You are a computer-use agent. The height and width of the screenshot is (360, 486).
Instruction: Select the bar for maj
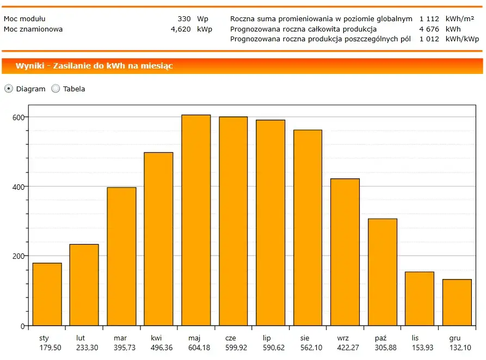tap(196, 220)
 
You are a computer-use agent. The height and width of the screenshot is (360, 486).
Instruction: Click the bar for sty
tap(47, 294)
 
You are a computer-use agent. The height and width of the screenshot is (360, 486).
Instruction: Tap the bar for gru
tap(457, 302)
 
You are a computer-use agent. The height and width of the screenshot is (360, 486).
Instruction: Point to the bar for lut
tap(84, 285)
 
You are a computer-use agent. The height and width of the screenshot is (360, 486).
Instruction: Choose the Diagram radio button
tap(9, 89)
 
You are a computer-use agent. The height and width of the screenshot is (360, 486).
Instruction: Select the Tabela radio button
tap(56, 89)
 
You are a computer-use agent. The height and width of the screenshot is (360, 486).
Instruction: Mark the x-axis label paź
tap(382, 338)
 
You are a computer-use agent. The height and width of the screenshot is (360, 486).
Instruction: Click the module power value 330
tap(184, 18)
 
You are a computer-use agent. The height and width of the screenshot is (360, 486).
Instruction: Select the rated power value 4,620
tap(181, 29)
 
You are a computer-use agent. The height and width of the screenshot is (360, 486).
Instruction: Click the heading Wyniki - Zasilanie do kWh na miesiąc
tap(94, 66)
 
